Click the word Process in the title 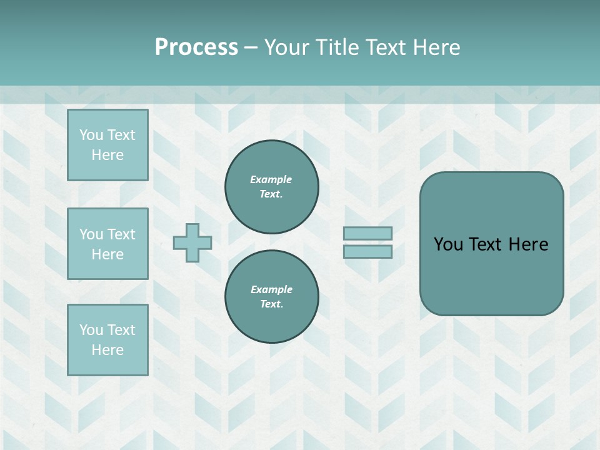(196, 47)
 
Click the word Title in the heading (337, 47)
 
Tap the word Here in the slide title (436, 47)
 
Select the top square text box (107, 145)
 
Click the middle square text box (107, 244)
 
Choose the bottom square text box (107, 340)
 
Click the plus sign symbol (192, 242)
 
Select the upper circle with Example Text (271, 186)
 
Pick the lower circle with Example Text (271, 296)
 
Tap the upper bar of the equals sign (367, 233)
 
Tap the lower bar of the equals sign (367, 251)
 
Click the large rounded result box (491, 275)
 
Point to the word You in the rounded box (448, 244)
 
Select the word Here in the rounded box (529, 244)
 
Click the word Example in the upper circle (271, 179)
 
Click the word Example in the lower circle (271, 289)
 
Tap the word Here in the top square (107, 155)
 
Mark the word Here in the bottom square (107, 350)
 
